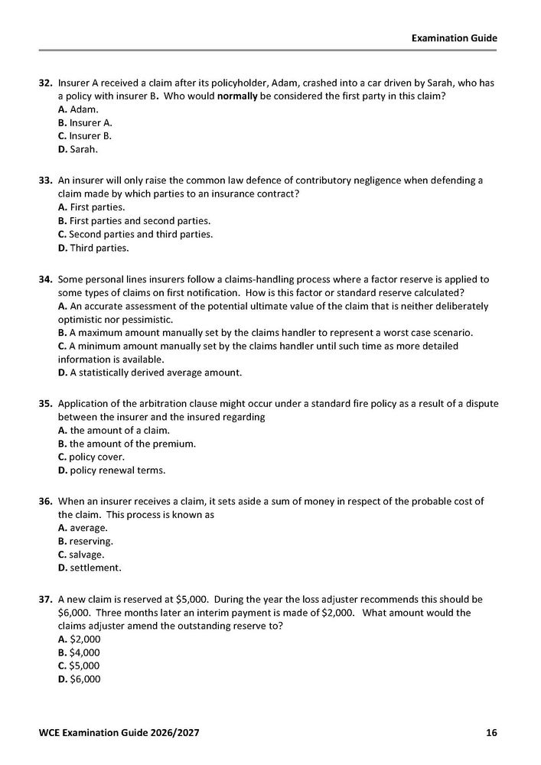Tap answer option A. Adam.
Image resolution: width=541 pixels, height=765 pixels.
pos(78,109)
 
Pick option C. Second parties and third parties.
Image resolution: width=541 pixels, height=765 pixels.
pos(135,234)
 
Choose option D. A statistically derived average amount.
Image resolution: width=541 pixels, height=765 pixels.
pos(150,373)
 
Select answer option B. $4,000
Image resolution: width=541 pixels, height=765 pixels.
pos(79,653)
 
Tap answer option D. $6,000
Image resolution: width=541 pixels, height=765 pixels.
pos(79,679)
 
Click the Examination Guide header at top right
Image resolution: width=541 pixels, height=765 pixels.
pos(455,37)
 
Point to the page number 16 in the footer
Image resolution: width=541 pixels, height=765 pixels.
pos(491,733)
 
